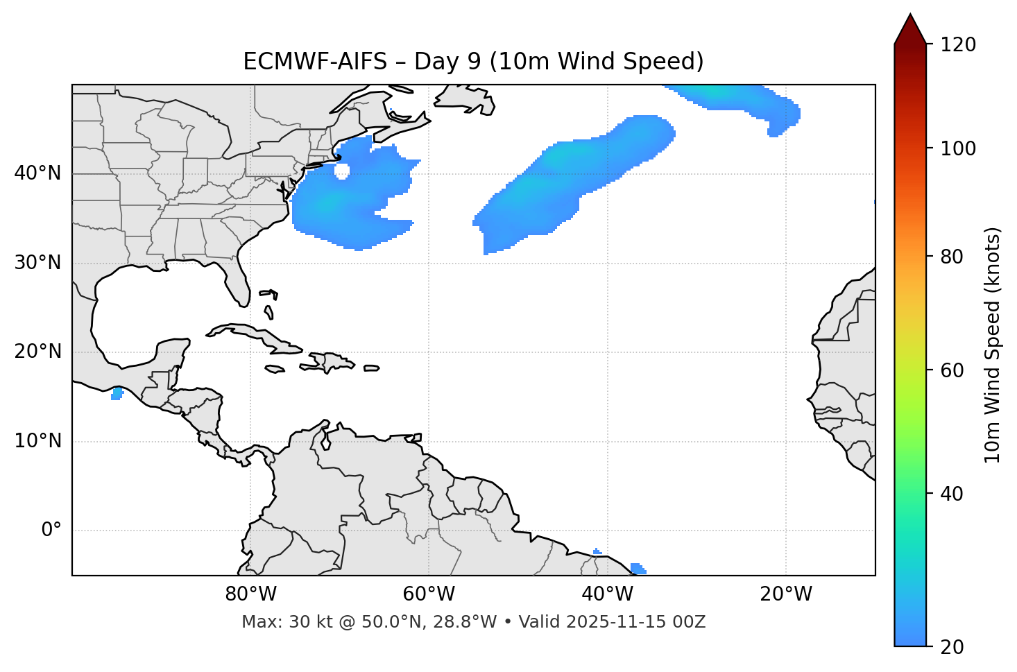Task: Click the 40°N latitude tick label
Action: tap(37, 173)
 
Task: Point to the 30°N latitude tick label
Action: tap(37, 263)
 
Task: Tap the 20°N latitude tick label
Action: tap(37, 352)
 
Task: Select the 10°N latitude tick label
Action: tap(37, 441)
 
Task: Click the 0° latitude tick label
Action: tap(51, 531)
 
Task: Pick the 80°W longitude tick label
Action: tap(250, 594)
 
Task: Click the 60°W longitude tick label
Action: tap(429, 594)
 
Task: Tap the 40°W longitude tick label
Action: tap(607, 594)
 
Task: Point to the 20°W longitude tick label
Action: tap(785, 594)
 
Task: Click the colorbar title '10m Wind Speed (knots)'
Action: tap(993, 345)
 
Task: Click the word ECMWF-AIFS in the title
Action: tap(315, 62)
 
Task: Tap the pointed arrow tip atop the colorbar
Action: tap(910, 17)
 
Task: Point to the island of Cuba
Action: tap(257, 335)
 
